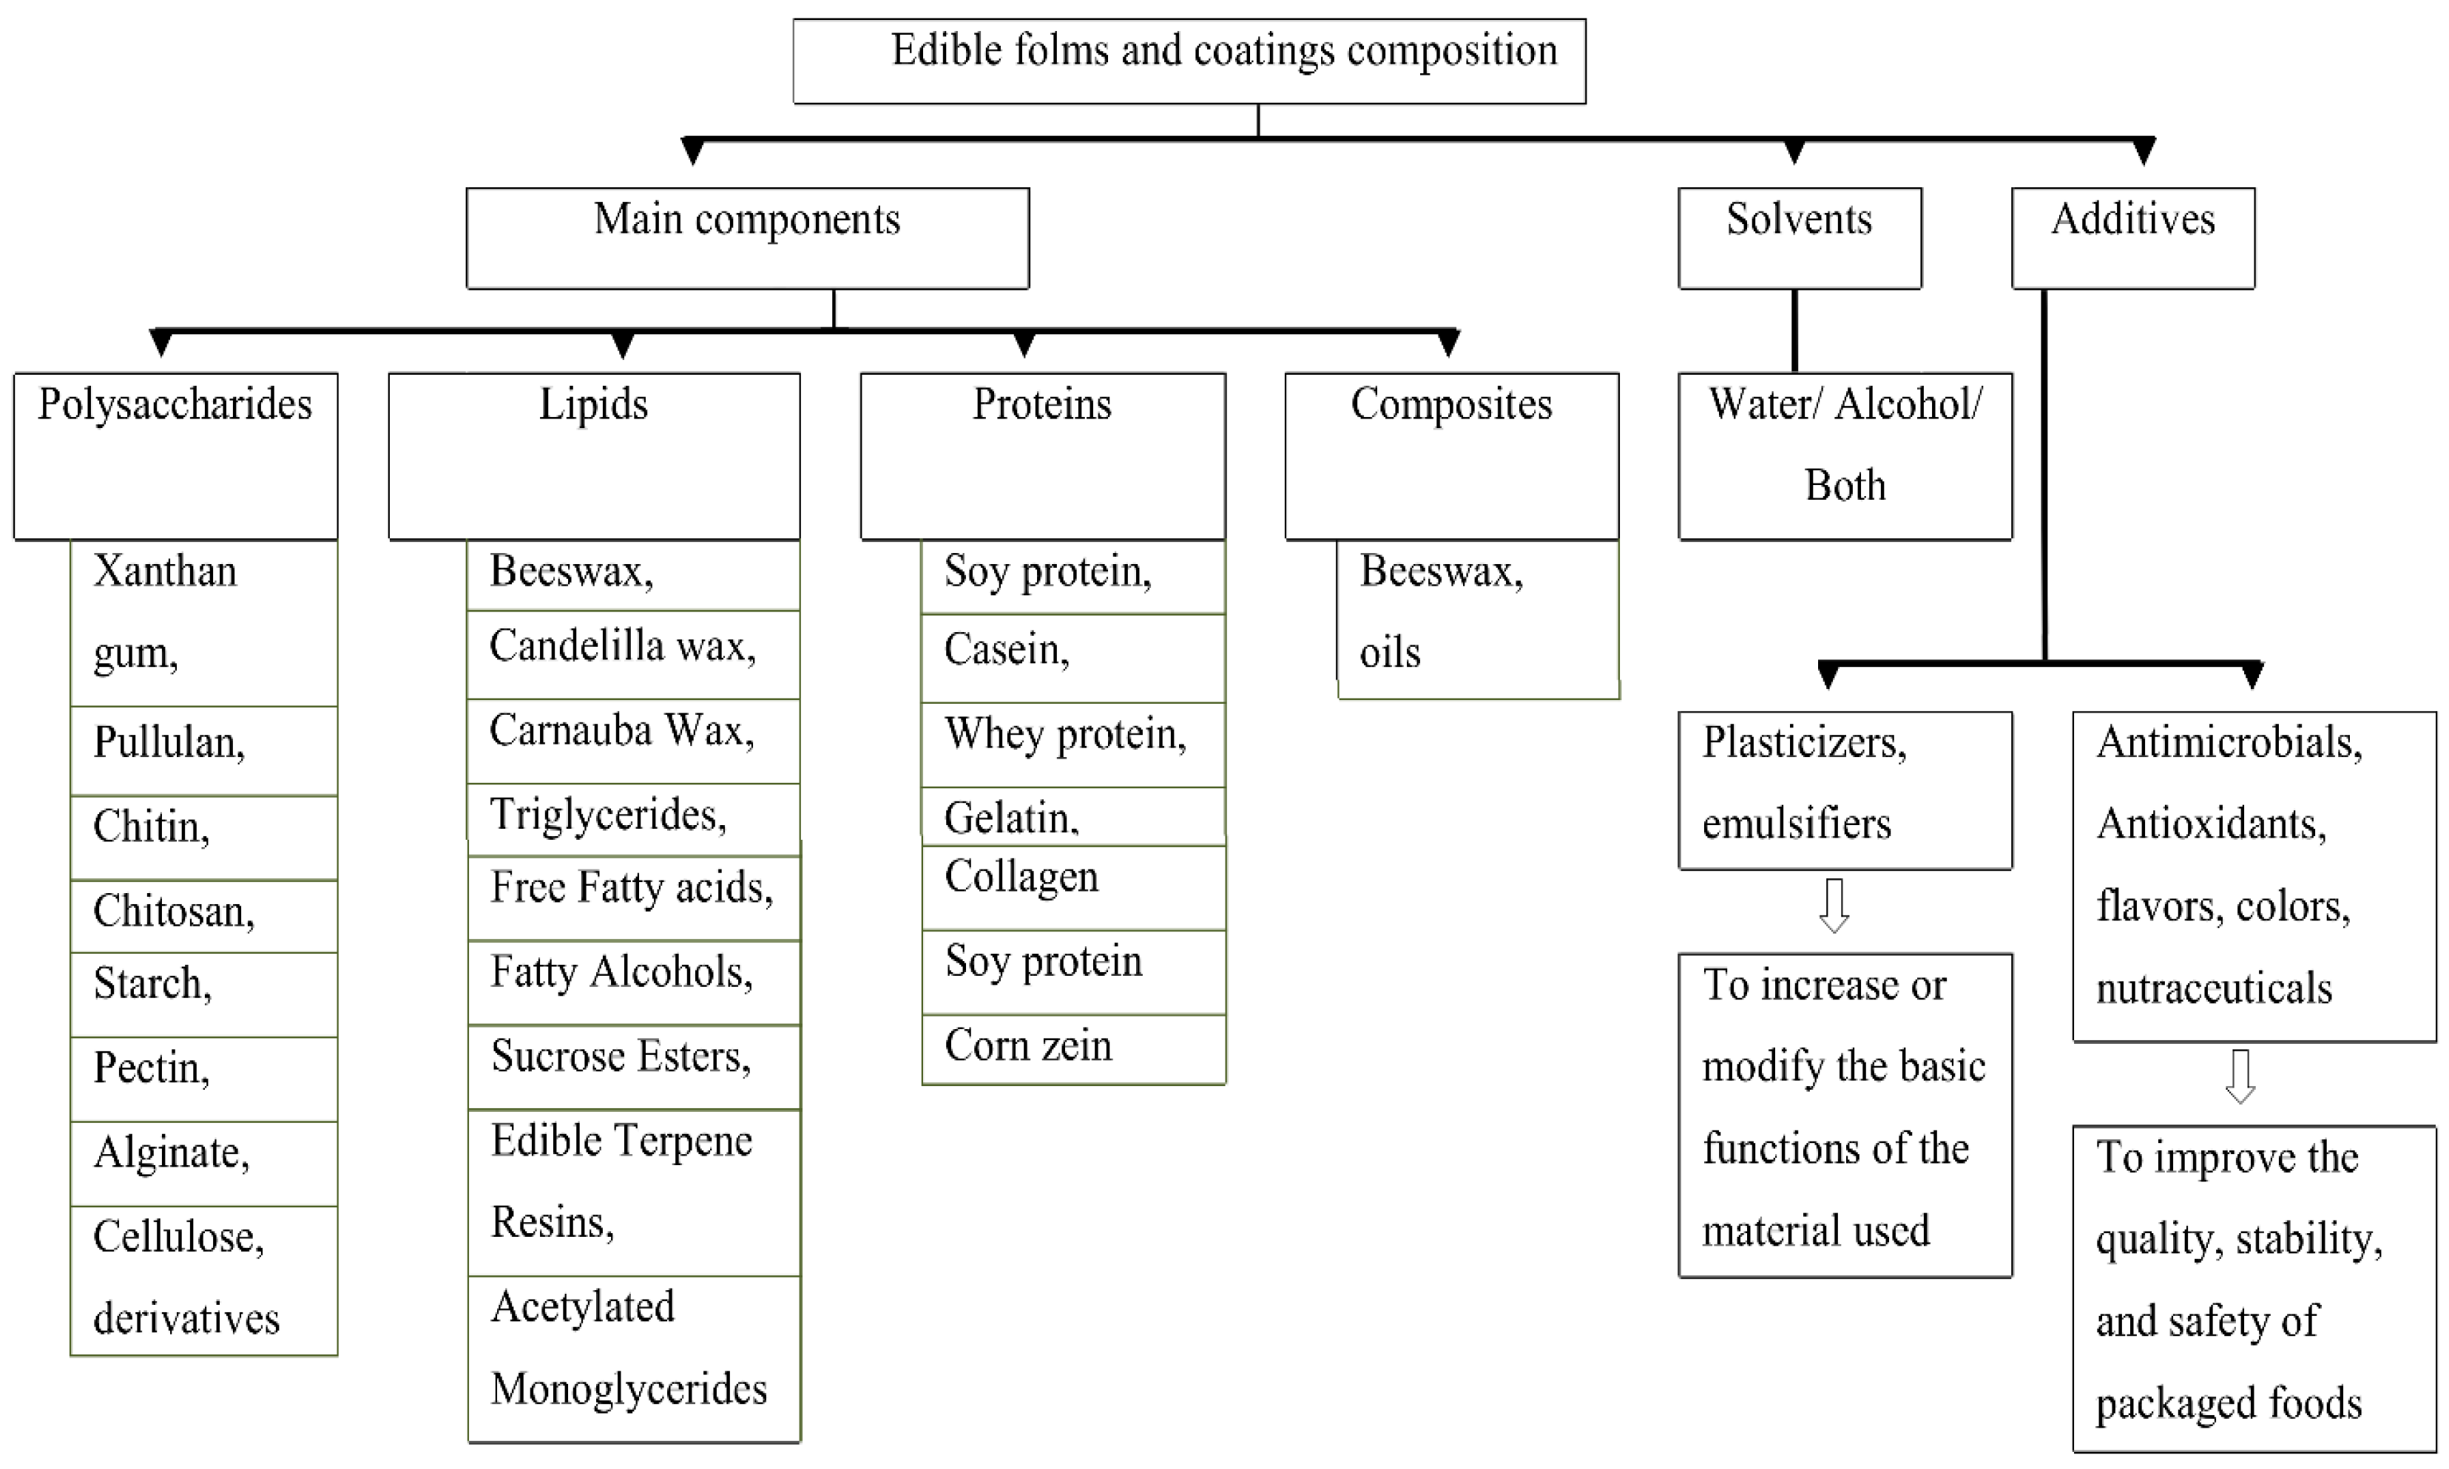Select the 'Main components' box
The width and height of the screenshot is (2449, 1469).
[x=748, y=237]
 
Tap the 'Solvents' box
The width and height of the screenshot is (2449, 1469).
[x=1800, y=237]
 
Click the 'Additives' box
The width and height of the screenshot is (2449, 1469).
[x=2132, y=237]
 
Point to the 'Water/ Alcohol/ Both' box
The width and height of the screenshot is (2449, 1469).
[x=1844, y=455]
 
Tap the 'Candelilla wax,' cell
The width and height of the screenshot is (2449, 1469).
[x=633, y=654]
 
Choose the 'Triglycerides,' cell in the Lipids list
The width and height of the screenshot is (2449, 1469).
[x=633, y=818]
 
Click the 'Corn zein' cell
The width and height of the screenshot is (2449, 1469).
[x=1073, y=1049]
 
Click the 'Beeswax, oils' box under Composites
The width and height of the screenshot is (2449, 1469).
[x=1478, y=619]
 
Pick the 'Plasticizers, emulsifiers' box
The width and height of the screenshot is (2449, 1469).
[x=1844, y=789]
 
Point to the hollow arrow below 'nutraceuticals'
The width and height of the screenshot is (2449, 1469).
[x=2240, y=1076]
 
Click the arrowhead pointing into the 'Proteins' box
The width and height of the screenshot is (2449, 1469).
[x=1025, y=345]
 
